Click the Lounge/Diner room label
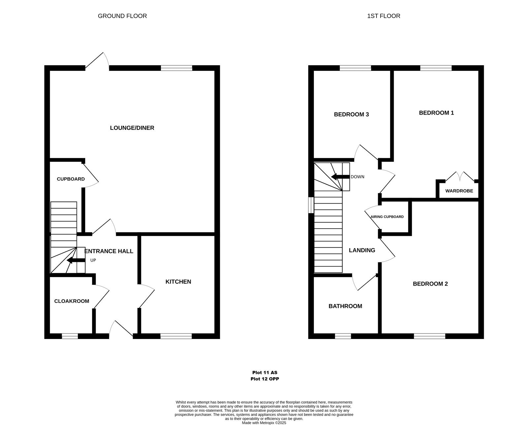[132, 128]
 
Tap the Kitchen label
[178, 282]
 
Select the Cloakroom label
[72, 301]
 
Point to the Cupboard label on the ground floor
[71, 179]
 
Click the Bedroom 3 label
[351, 114]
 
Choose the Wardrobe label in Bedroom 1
[459, 191]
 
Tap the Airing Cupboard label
[387, 217]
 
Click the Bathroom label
[345, 306]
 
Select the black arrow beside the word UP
[76, 260]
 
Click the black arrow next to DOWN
[340, 177]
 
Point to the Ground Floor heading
[122, 16]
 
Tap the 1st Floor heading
[384, 16]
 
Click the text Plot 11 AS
[265, 373]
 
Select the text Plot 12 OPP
[265, 379]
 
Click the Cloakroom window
[70, 336]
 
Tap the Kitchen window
[176, 336]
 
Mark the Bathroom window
[343, 336]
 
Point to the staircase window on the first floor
[311, 205]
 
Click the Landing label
[362, 250]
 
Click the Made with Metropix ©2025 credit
[264, 423]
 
